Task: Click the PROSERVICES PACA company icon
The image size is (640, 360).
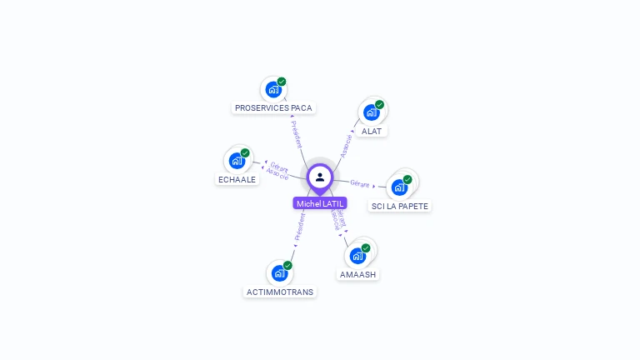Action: click(x=272, y=89)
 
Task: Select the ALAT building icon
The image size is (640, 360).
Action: click(x=371, y=112)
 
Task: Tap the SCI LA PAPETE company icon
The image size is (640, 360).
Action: click(x=399, y=187)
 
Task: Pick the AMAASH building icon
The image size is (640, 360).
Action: click(x=357, y=256)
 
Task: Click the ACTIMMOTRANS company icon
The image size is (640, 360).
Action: click(x=279, y=272)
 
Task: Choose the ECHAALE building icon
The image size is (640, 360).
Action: click(x=237, y=161)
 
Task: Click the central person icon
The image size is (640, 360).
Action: click(x=320, y=177)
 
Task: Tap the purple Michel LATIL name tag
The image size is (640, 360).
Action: click(x=320, y=203)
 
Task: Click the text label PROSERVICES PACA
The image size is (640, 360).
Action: click(x=273, y=108)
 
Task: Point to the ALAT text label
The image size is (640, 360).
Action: click(x=372, y=132)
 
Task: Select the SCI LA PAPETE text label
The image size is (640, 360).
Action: click(x=400, y=206)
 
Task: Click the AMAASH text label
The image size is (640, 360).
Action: click(x=357, y=275)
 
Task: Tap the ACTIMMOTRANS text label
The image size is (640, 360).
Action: click(x=280, y=292)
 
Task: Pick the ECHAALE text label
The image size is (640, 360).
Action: click(x=237, y=179)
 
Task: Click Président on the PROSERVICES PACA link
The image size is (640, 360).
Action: click(x=297, y=134)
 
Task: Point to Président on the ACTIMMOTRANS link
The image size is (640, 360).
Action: click(x=300, y=227)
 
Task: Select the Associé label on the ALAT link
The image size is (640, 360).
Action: click(x=346, y=144)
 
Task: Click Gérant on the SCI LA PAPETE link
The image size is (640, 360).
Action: click(x=360, y=183)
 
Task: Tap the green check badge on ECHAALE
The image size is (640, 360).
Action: click(x=245, y=153)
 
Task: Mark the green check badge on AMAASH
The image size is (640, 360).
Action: click(x=366, y=247)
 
